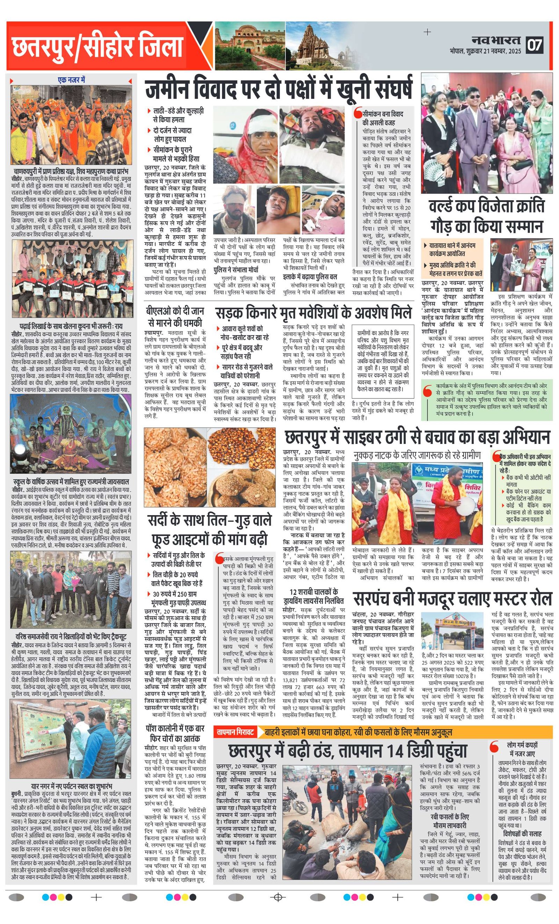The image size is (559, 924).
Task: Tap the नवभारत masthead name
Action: click(496, 40)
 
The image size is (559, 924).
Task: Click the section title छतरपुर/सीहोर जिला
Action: click(97, 46)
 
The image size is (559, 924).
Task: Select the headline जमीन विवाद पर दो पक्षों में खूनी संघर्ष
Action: click(279, 89)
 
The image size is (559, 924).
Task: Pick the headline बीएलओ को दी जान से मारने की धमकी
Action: click(175, 317)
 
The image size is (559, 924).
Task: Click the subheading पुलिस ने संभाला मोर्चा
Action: click(236, 270)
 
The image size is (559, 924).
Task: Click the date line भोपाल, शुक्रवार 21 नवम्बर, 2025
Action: click(486, 52)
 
